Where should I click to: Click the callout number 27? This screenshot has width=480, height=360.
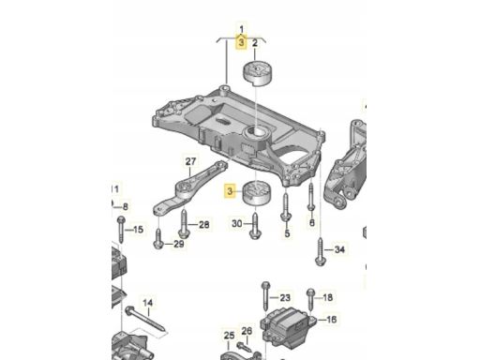(190, 161)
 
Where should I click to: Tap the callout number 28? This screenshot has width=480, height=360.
(204, 224)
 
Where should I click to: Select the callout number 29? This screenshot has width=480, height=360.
(179, 244)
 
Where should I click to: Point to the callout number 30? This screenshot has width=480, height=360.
(237, 223)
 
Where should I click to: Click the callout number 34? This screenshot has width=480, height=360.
(339, 249)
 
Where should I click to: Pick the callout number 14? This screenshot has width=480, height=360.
(148, 303)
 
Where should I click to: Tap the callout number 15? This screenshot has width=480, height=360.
(138, 230)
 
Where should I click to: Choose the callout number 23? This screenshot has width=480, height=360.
(285, 297)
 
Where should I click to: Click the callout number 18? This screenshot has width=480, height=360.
(327, 297)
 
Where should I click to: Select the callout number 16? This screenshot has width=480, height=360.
(331, 320)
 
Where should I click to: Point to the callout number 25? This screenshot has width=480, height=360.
(229, 336)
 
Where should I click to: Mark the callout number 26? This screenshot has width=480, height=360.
(247, 331)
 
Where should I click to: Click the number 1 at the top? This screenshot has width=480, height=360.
(242, 29)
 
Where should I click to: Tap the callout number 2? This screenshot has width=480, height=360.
(255, 43)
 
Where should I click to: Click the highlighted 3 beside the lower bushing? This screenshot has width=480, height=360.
(230, 190)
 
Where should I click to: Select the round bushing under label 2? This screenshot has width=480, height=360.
(258, 73)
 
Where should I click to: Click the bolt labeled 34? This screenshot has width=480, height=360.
(321, 252)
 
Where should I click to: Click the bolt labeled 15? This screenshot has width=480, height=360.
(121, 230)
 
